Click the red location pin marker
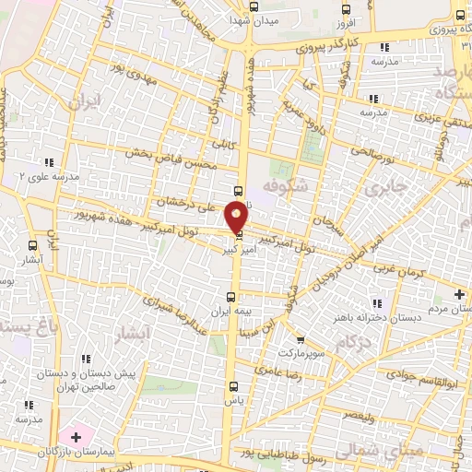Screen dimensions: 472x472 click(x=237, y=217)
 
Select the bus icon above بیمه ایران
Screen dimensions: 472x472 click(x=230, y=297)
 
